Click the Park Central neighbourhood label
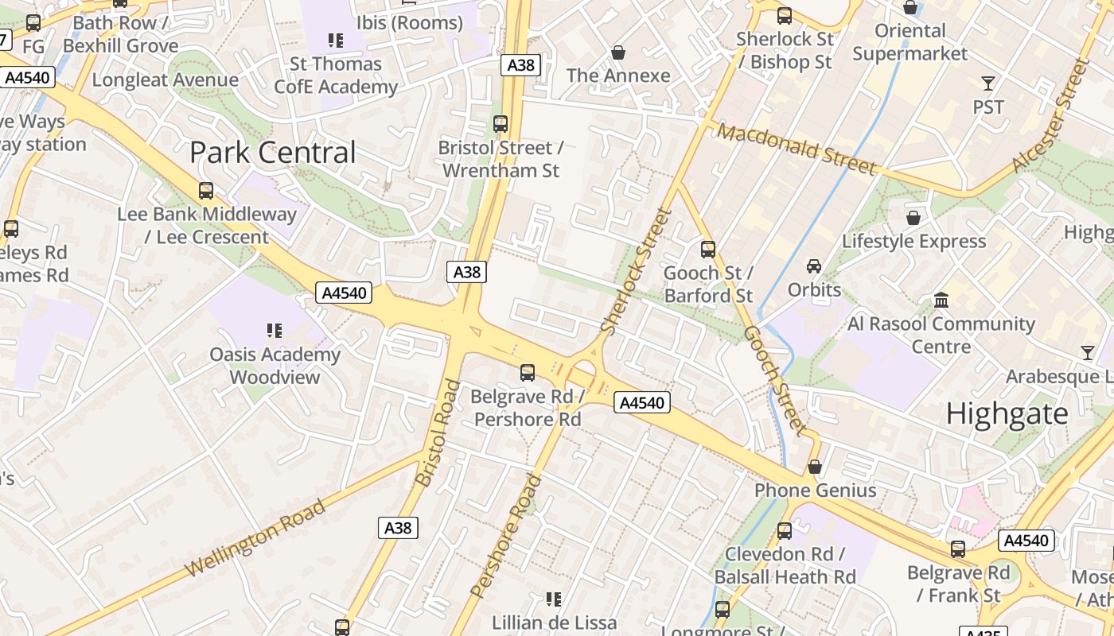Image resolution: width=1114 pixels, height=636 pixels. pos(272,152)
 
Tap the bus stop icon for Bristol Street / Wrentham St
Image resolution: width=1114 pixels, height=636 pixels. pos(501,124)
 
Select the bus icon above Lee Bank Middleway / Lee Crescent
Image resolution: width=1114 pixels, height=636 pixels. pos(206,191)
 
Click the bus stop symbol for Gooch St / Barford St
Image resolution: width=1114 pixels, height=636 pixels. pos(708,250)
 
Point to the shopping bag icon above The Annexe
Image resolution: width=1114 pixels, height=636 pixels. pos(618,52)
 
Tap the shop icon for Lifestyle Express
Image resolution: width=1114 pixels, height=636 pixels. pos(913,217)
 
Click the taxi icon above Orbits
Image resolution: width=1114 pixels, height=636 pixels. pos(814,266)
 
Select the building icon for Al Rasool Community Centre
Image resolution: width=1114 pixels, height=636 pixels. pos(941,301)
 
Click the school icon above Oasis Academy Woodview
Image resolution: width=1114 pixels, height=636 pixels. pos(275,330)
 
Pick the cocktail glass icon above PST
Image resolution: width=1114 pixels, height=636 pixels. pos(988,83)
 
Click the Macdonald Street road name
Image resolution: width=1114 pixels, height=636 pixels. pos(797,149)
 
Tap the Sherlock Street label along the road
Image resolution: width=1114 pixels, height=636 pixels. pos(637,270)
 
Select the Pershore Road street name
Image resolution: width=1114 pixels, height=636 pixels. pos(506,535)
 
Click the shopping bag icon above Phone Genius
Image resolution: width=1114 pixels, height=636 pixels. pos(814,467)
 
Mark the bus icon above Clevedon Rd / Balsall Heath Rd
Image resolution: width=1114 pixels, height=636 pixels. pos(785,530)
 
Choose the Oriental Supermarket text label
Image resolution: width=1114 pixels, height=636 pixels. pos(910,42)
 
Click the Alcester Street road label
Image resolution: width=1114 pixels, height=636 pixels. pos(1051,117)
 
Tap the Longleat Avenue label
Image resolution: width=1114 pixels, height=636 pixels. pos(165,79)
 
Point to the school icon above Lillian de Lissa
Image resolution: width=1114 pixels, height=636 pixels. pos(554,599)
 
